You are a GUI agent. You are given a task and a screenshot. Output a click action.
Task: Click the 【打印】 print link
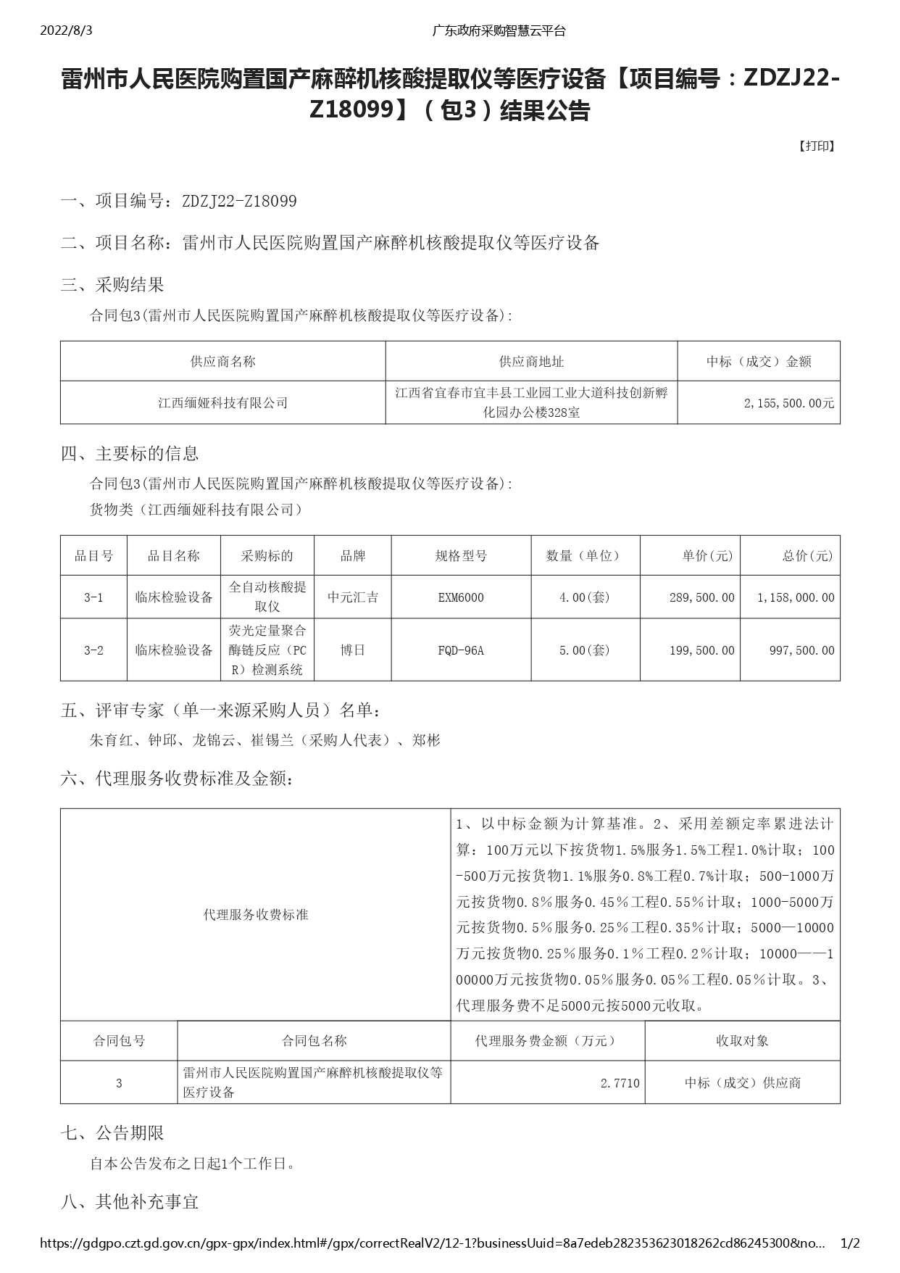coord(817,146)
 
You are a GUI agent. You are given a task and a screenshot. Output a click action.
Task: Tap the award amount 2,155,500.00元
coord(788,403)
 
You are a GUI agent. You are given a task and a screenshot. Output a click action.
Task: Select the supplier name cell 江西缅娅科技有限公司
coord(223,403)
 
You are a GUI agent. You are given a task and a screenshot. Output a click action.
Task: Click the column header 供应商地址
coord(531,361)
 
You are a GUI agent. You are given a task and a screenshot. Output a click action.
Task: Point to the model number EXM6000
coord(461,597)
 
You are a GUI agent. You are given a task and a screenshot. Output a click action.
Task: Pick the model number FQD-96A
coord(461,650)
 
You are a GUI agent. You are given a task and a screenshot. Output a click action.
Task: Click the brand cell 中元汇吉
coord(352,597)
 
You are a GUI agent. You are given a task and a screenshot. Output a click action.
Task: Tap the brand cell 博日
coord(352,650)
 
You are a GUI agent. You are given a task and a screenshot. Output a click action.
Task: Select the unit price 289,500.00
coord(701,597)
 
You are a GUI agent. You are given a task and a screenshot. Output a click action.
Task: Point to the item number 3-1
coord(93,597)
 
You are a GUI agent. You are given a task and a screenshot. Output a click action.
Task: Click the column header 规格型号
coord(461,556)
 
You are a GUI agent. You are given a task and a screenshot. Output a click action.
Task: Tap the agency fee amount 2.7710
coord(620,1082)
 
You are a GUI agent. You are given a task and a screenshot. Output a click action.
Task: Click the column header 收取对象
coord(742,1040)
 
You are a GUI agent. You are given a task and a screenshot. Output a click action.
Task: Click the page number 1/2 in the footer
coord(849,1243)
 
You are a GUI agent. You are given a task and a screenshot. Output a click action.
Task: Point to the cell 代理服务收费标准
coord(255,915)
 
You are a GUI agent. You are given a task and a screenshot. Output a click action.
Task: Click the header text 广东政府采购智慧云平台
coord(499,30)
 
